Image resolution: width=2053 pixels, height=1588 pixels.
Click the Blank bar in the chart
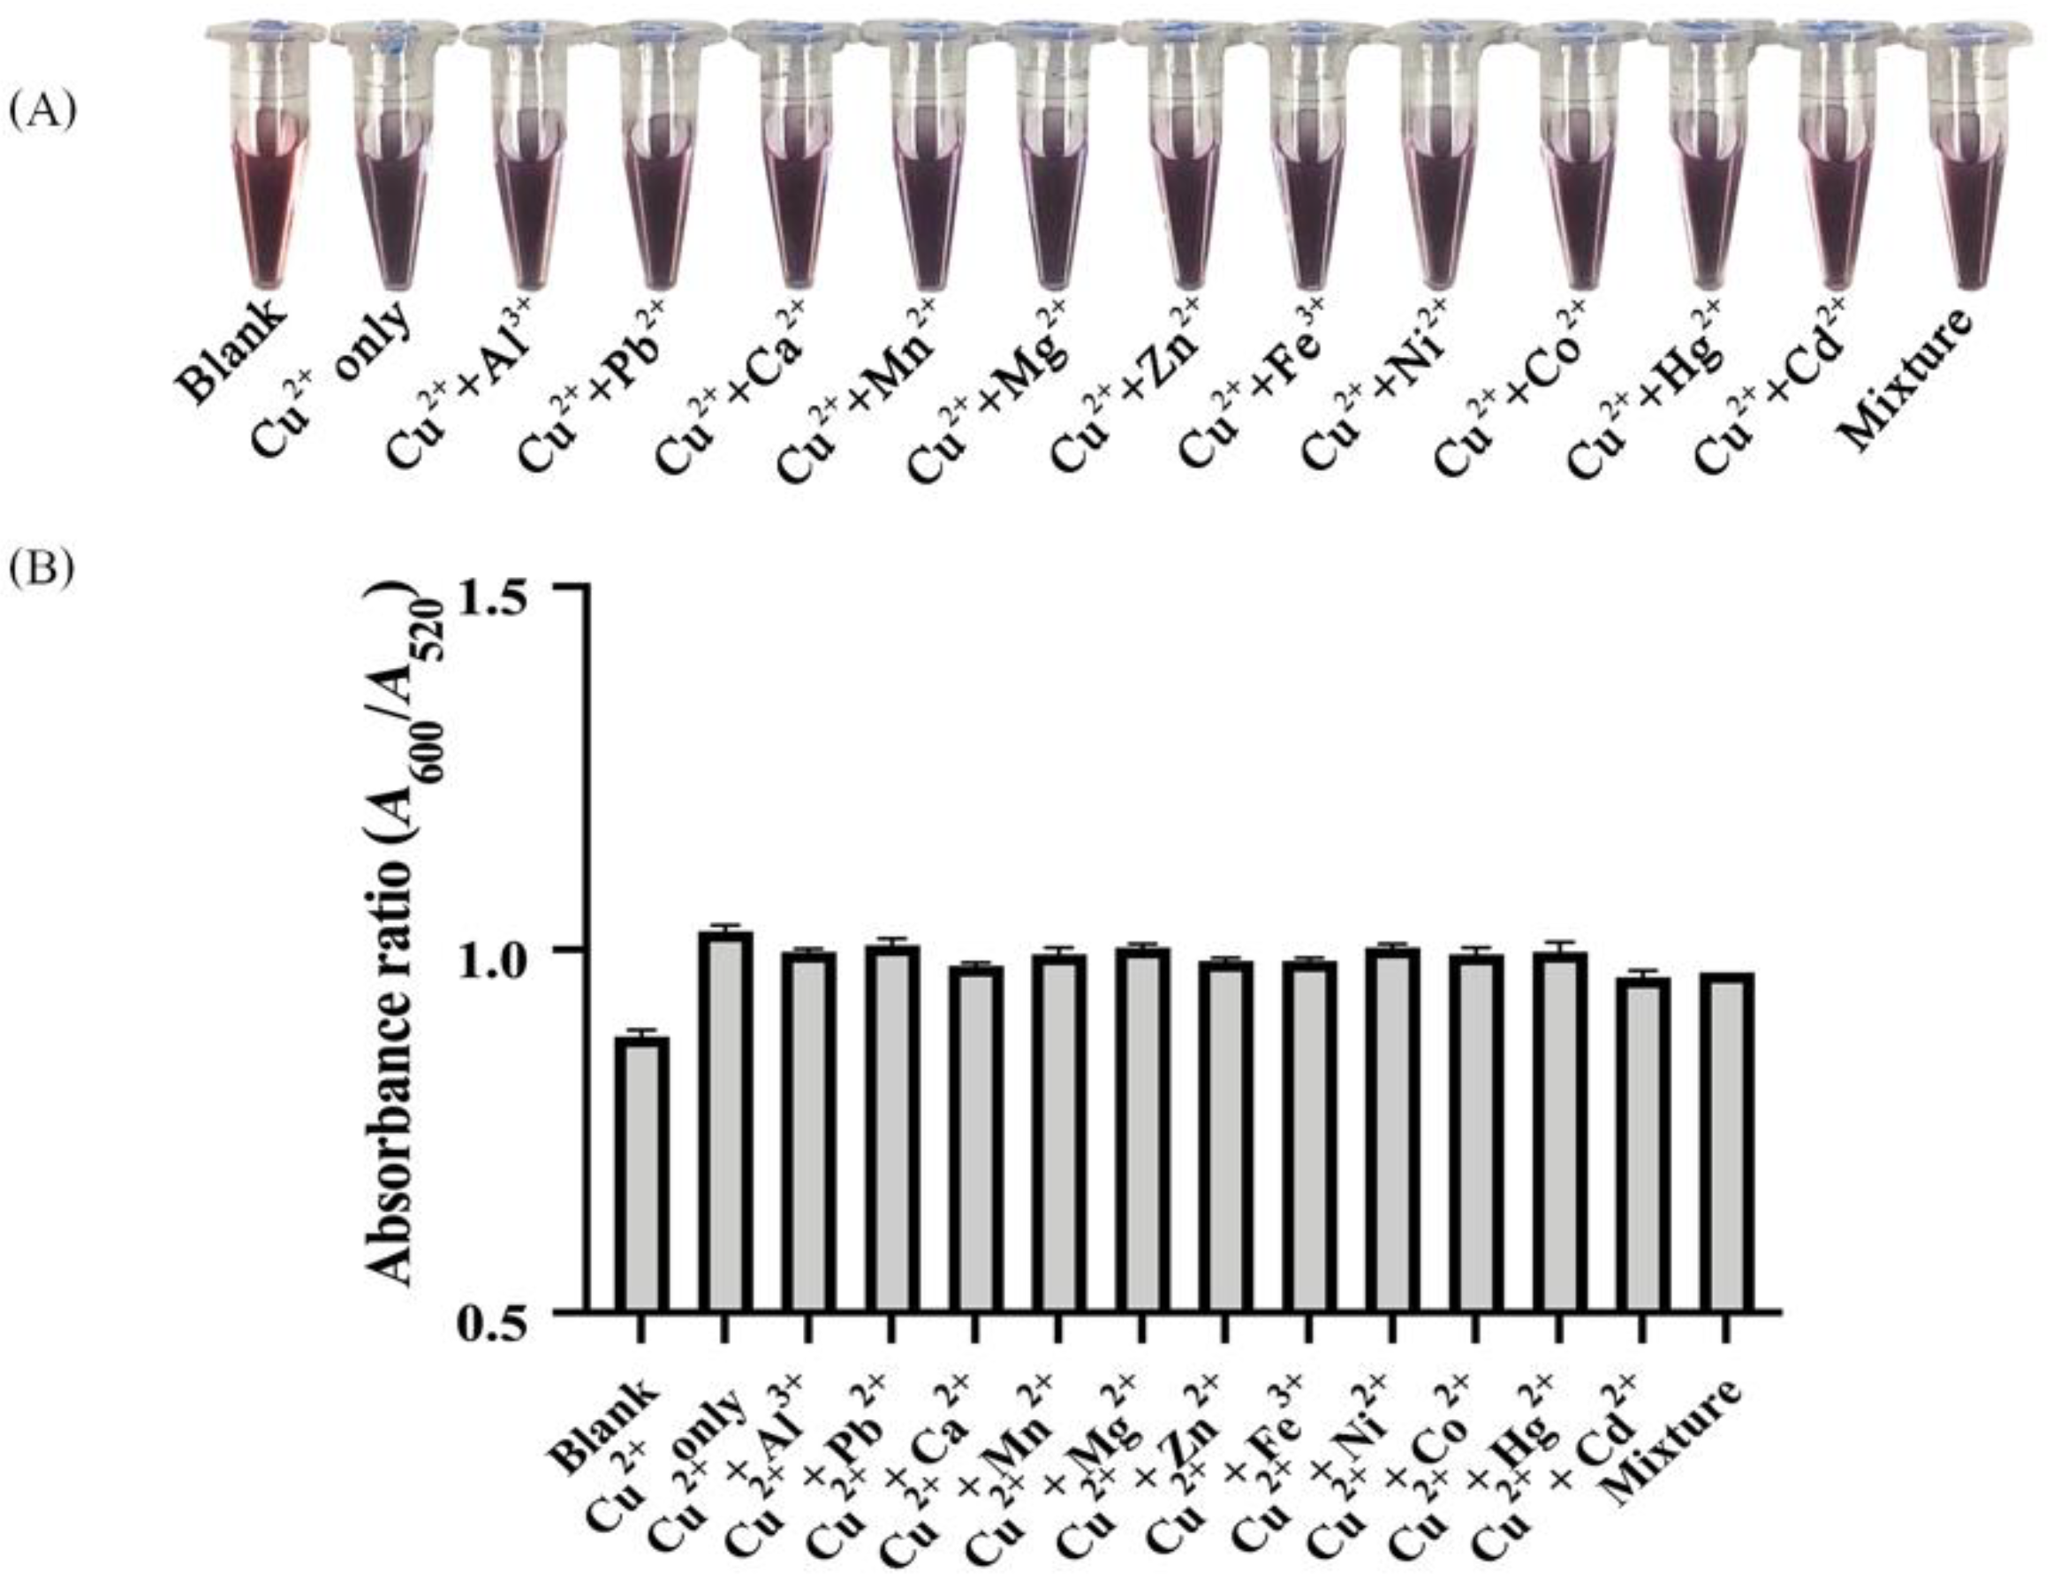tap(642, 1175)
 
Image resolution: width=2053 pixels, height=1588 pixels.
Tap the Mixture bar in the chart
tap(1726, 1143)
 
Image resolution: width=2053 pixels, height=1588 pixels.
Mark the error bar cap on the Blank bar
tap(642, 1031)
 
